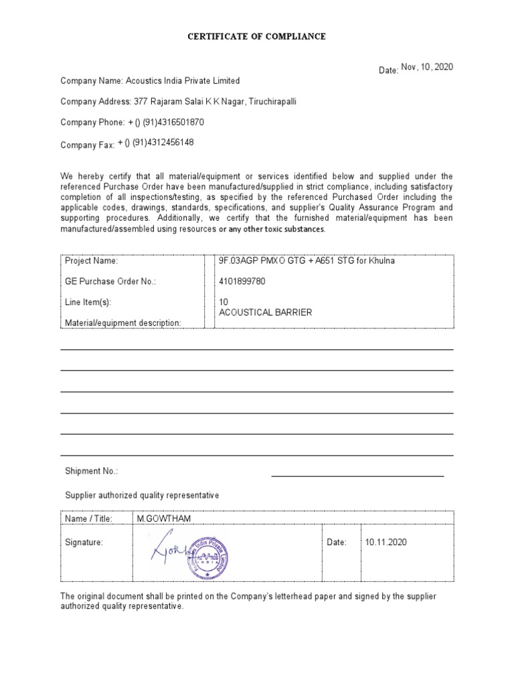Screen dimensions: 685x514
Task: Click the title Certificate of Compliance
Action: [x=256, y=36]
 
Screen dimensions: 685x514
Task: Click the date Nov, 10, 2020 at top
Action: [x=427, y=68]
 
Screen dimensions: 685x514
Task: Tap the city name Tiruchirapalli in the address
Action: [x=273, y=102]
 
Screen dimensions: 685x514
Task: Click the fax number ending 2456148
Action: [x=156, y=142]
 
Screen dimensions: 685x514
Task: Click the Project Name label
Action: [x=91, y=261]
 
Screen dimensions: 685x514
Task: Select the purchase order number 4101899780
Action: [x=242, y=282]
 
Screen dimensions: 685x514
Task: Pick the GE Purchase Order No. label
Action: [x=110, y=282]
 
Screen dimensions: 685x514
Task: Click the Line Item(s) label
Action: [x=88, y=302]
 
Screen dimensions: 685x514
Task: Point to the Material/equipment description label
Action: [x=123, y=323]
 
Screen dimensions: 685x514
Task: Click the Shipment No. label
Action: [x=91, y=472]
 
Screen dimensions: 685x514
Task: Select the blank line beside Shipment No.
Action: [x=357, y=476]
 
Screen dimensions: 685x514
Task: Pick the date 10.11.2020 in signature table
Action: [x=386, y=543]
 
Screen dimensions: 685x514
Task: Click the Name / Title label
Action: [x=88, y=518]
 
